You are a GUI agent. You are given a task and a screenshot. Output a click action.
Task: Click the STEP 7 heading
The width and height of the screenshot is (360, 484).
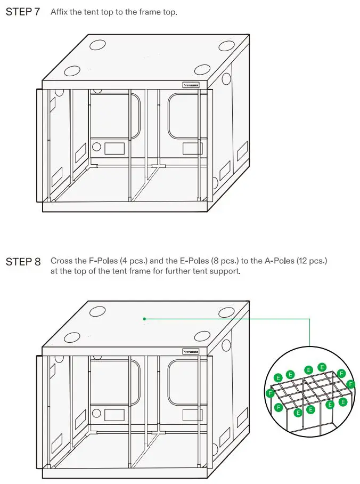point(22,12)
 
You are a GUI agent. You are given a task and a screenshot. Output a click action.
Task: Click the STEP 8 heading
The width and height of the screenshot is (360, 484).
point(22,261)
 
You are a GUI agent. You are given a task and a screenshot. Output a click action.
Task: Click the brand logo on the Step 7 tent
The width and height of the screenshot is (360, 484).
point(191,84)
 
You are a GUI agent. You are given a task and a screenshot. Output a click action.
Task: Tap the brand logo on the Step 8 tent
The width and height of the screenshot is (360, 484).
point(191,351)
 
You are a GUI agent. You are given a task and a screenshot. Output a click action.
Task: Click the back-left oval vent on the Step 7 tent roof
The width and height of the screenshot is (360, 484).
point(97,45)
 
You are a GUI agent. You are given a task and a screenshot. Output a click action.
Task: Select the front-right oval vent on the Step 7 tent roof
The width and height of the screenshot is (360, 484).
point(203,69)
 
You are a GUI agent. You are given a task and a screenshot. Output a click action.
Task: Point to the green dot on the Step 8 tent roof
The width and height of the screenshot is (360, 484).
point(144,319)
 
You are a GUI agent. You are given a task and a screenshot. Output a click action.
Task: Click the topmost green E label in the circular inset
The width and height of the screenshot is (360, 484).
point(322,367)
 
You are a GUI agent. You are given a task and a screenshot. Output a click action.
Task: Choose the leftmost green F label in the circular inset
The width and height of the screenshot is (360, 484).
point(270,393)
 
